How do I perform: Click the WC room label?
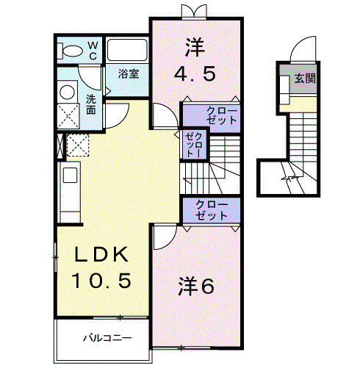pos(93,51)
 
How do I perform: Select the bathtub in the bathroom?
pos(127,50)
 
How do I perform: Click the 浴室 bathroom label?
pos(129,73)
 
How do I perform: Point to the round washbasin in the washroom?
pos(68,92)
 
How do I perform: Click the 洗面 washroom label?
pos(91,104)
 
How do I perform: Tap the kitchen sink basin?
pos(70,175)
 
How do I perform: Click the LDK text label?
pos(102,254)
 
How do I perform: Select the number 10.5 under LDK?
pos(101,281)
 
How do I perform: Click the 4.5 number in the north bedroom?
pos(195,73)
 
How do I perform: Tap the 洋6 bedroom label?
pos(196,286)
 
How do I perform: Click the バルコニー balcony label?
pos(107,337)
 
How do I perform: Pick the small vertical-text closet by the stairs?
pos(195,145)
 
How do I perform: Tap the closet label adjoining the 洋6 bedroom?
pos(212,211)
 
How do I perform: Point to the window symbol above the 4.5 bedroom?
pos(194,12)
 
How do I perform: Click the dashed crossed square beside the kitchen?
pos(78,145)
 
